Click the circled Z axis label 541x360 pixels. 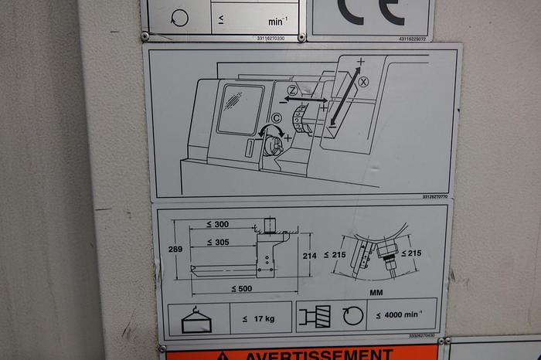point(293,91)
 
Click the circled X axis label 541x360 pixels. point(364,81)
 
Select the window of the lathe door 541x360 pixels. point(240,109)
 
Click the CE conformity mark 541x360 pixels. point(371,11)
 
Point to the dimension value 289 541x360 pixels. point(175,250)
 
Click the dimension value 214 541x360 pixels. point(310,256)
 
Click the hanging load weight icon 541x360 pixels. point(196,318)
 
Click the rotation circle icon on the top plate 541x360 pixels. point(179,17)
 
